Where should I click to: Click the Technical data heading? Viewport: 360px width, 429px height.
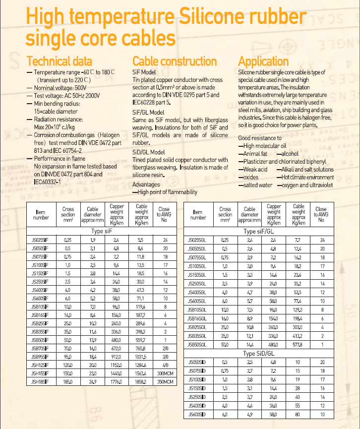(59, 61)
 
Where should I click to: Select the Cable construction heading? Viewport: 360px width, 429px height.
(175, 61)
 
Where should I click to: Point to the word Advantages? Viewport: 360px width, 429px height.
(146, 184)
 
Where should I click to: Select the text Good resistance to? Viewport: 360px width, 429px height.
(260, 138)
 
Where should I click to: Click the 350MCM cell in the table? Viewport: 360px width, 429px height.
(165, 382)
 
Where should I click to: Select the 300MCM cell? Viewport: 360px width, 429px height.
(165, 373)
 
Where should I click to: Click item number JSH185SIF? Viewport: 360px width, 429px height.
(40, 382)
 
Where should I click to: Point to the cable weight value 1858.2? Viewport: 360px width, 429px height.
(141, 382)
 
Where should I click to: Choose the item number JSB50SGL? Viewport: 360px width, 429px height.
(198, 344)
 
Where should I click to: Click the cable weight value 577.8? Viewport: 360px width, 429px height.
(299, 344)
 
